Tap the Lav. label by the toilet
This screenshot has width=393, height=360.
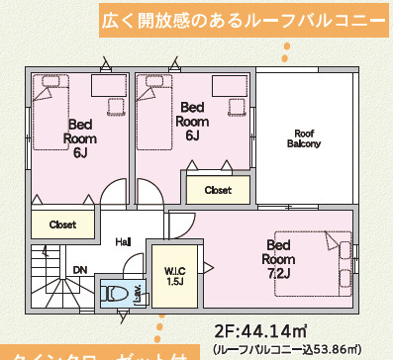[136, 291]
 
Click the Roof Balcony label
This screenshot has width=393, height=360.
[304, 138]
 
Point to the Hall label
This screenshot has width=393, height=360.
[123, 242]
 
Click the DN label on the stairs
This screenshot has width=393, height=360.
[80, 269]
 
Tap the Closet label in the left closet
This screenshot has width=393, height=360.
[62, 225]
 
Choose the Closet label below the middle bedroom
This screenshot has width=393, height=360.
[218, 189]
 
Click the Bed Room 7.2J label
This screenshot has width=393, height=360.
[278, 259]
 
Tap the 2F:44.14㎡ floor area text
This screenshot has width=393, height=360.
[261, 330]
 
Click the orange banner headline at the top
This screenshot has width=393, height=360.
[242, 20]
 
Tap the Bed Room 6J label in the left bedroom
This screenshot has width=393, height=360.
[80, 138]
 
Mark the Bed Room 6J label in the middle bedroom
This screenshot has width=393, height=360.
[192, 121]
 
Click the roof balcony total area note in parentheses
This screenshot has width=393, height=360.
[300, 349]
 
